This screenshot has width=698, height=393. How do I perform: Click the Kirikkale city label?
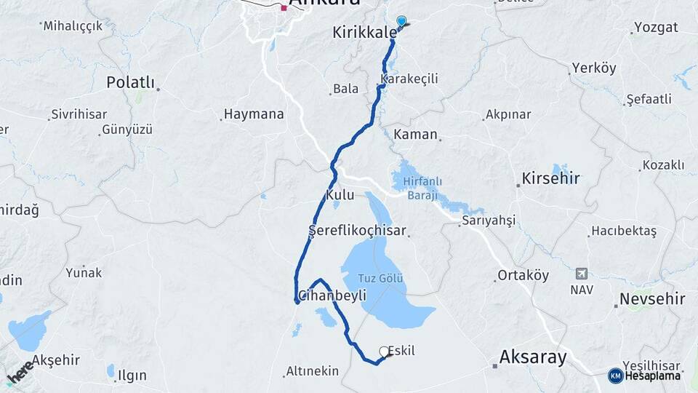tap(364, 33)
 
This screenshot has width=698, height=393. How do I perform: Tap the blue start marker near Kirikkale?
tap(401, 22)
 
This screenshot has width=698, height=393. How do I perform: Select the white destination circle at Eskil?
tap(384, 352)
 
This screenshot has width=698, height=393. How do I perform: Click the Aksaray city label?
tap(533, 357)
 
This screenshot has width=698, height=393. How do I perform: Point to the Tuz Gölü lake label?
tap(381, 278)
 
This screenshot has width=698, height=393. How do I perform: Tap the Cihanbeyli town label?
tap(332, 295)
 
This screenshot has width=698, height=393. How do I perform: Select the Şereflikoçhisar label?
tap(356, 231)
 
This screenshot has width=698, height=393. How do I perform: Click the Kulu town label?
tap(340, 196)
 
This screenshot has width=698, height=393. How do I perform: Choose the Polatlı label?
tap(131, 82)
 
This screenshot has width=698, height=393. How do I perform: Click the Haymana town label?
tap(253, 114)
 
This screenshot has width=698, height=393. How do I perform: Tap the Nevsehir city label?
tap(652, 299)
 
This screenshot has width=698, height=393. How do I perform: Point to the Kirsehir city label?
tap(550, 178)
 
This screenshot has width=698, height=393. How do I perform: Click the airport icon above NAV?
tap(581, 274)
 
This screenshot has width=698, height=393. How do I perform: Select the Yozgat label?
tap(656, 28)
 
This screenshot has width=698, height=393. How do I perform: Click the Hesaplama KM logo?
tap(644, 376)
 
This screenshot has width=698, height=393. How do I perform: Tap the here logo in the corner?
tap(20, 371)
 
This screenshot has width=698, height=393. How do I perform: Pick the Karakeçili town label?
tap(409, 79)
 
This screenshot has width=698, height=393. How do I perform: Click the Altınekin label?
tap(312, 371)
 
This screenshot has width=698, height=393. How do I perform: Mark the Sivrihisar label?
tap(79, 115)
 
